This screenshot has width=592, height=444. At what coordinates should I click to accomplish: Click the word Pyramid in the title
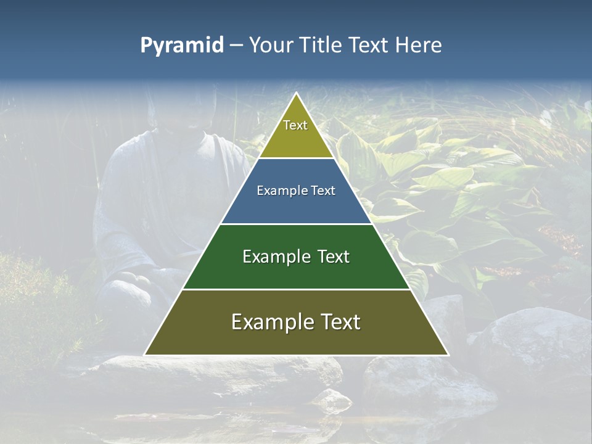[181, 46]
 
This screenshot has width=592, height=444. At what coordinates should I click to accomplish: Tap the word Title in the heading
[321, 46]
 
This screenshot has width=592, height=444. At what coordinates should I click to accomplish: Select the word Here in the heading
[419, 46]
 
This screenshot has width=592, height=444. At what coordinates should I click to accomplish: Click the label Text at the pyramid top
[295, 125]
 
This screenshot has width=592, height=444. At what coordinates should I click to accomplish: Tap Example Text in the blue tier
[296, 191]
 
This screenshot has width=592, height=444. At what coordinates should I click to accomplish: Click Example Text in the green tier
[296, 257]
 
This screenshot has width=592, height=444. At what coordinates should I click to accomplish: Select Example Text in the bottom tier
[296, 322]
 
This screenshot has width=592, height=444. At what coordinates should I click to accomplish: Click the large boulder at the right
[533, 339]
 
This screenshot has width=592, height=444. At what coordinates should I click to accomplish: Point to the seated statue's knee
[126, 290]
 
